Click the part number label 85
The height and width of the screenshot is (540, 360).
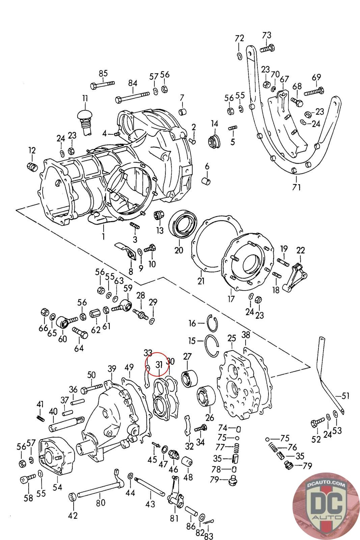(103, 73)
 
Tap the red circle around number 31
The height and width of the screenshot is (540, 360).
(157, 364)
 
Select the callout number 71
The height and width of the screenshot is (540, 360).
(296, 187)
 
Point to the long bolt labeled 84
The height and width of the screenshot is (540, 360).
(134, 97)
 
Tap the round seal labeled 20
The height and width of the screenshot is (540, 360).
(183, 223)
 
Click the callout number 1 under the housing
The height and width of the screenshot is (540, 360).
(103, 236)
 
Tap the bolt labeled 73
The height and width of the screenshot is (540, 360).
(267, 48)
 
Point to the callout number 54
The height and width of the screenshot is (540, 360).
(57, 486)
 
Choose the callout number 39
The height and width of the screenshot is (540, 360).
(112, 369)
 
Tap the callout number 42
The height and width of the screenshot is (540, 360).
(73, 515)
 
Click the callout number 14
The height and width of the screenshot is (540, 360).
(215, 124)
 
